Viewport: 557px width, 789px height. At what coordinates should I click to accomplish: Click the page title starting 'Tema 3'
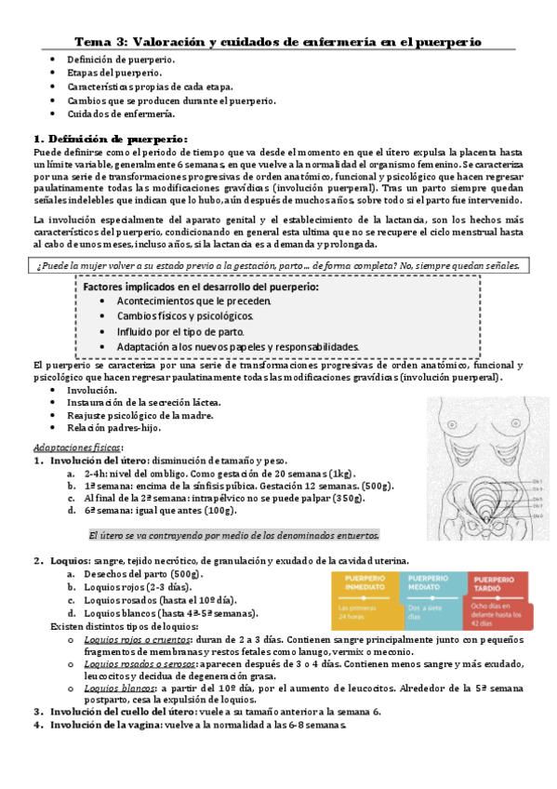(278, 42)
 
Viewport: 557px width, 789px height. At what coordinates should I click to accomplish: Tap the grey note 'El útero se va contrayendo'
(234, 536)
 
